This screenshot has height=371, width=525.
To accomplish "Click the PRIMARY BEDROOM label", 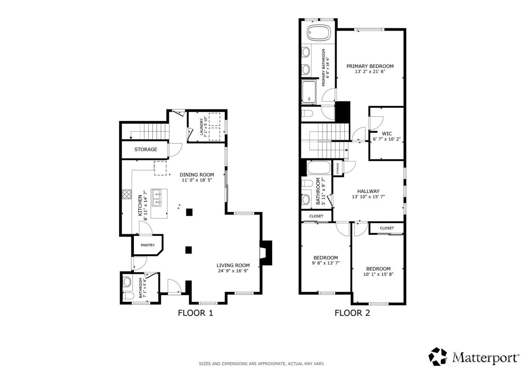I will (370, 66).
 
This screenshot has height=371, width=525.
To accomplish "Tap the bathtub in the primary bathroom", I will (318, 33).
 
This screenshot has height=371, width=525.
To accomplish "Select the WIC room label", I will (387, 134).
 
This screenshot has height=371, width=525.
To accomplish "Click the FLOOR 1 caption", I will (195, 313).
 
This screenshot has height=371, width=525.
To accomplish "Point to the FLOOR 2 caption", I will (352, 313).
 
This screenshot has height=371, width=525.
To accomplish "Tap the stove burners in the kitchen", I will (127, 194).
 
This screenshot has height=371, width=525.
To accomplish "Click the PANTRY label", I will (148, 245).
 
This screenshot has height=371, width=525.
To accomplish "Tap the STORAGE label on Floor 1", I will (146, 149).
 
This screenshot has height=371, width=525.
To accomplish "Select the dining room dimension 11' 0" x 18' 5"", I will (197, 180).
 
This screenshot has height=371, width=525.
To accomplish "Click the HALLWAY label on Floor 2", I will (368, 191).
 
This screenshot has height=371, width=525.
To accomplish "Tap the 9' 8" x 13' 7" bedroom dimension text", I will (325, 263).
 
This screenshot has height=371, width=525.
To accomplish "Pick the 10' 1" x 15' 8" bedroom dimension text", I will (378, 274).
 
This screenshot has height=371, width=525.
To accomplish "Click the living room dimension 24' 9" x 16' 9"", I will (233, 271).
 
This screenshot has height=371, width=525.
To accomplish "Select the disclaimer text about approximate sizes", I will (261, 363).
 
